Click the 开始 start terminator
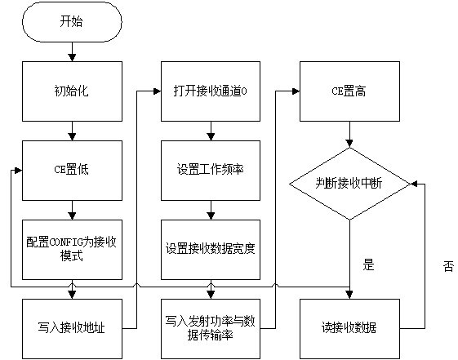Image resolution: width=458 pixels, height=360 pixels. coord(72,22)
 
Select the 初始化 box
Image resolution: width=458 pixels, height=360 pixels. coord(72,91)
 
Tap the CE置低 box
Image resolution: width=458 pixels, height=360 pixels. coord(72,171)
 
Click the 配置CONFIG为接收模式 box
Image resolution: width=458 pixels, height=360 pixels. coord(72,250)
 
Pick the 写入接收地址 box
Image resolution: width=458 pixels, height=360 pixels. coord(72,329)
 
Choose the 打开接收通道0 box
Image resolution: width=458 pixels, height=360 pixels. coord(211,91)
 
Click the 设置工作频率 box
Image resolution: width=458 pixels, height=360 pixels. coord(211,171)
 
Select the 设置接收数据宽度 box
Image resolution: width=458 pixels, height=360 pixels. coord(211,250)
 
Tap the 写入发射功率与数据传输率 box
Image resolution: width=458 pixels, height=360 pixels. coord(211,329)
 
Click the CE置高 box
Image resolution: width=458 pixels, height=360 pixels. coord(349,91)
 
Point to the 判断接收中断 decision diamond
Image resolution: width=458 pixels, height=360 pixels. coord(349,184)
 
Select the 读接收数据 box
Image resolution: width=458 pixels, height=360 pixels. coord(349,329)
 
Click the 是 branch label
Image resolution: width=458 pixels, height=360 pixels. coord(369,264)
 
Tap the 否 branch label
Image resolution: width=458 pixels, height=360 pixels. coord(448,266)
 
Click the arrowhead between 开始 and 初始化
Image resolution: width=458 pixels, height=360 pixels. coord(72,57)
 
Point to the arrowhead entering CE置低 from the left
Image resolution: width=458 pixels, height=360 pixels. coord(19,171)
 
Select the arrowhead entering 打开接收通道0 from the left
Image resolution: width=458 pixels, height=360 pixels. coord(157,91)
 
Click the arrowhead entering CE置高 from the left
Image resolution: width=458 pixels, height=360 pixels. coord(296,91)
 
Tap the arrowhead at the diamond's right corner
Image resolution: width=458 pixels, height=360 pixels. coord(415,184)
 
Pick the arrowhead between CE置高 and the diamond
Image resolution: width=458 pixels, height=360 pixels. coord(349,144)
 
